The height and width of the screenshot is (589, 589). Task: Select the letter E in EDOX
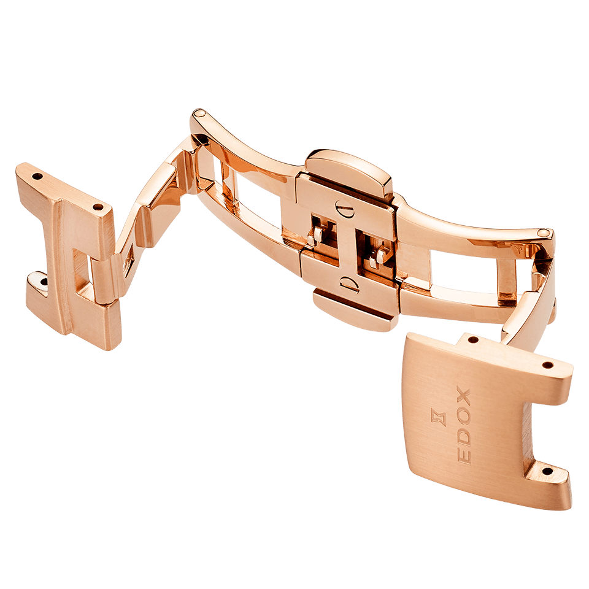pyautogui.click(x=464, y=456)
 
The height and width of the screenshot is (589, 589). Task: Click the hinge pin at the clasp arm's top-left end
pyautogui.click(x=198, y=112)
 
